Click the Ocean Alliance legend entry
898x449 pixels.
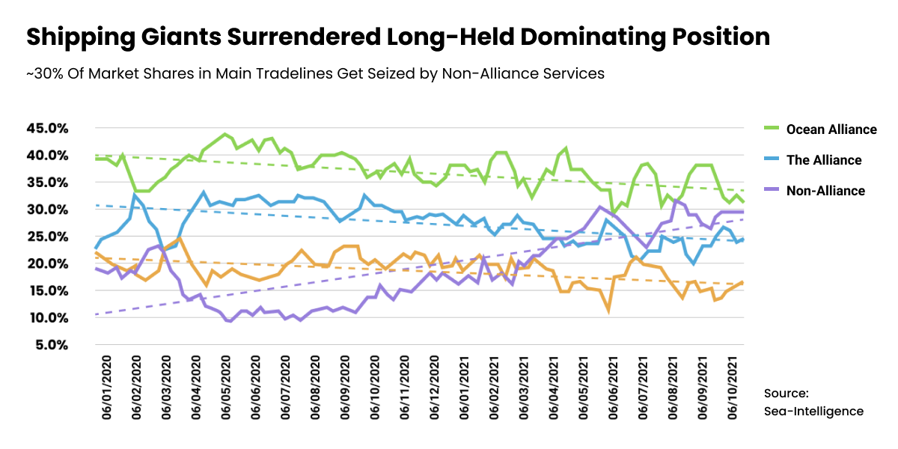pyautogui.click(x=831, y=129)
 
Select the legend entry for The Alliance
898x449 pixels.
pyautogui.click(x=823, y=160)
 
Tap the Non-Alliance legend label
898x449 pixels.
pyautogui.click(x=825, y=191)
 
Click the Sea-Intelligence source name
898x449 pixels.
pyautogui.click(x=813, y=411)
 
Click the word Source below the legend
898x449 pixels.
pyautogui.click(x=786, y=393)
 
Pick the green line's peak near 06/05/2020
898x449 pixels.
pyautogui.click(x=224, y=135)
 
